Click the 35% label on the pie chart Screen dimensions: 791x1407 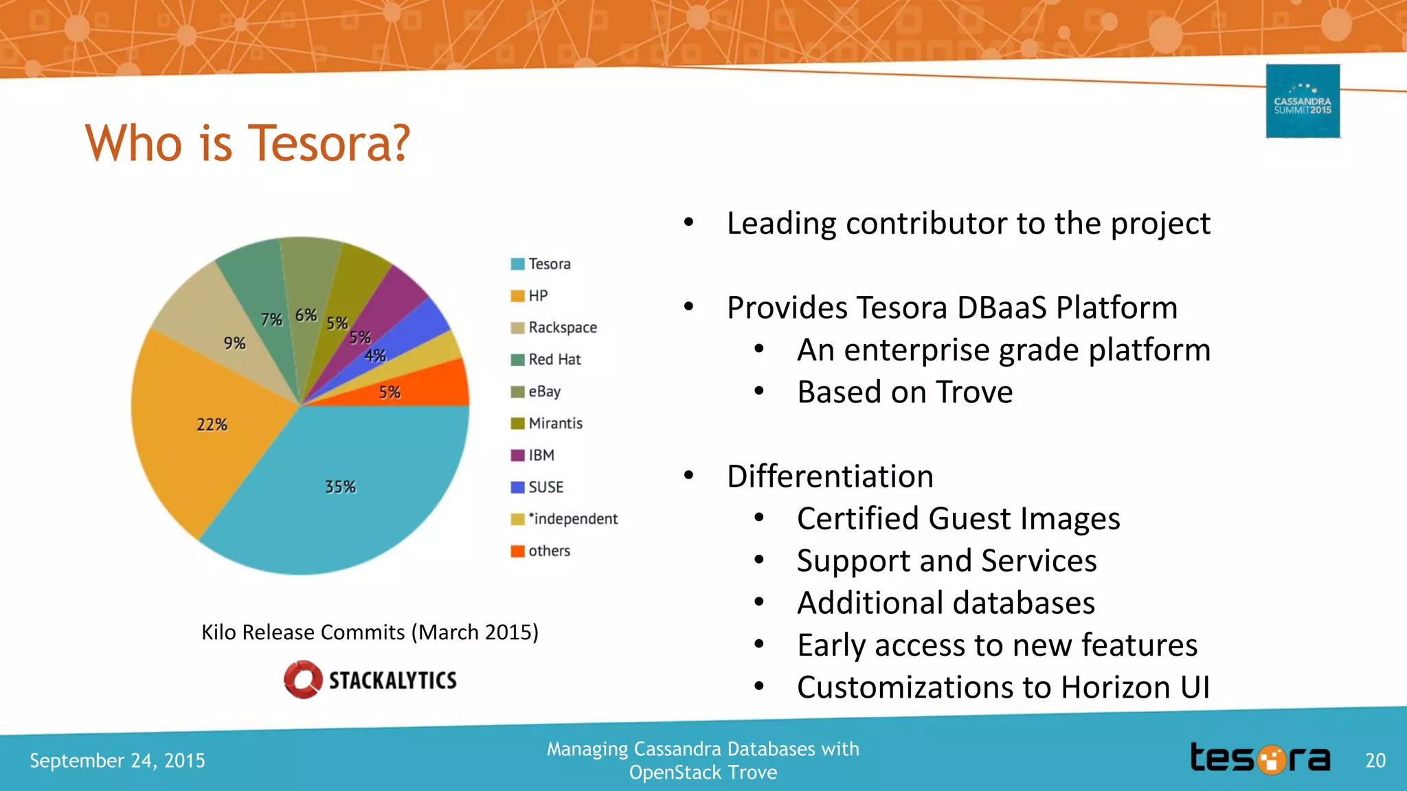pos(340,487)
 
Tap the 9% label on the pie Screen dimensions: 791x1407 pos(234,343)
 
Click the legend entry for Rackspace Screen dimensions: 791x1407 pos(562,328)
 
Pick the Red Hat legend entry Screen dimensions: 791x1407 pos(554,359)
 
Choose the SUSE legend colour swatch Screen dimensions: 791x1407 pos(517,488)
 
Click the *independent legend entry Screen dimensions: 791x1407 pos(572,519)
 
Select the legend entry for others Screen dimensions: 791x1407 pos(548,551)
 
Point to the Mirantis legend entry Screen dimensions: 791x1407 pos(554,423)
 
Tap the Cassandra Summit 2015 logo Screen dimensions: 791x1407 pos(1303,102)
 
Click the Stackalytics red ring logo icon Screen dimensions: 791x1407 pos(303,680)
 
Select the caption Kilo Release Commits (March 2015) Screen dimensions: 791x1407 pos(370,632)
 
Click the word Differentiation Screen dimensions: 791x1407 pos(830,476)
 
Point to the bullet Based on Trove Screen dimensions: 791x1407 pos(904,392)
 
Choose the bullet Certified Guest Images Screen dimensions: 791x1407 pos(958,518)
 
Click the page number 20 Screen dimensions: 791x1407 pos(1375,760)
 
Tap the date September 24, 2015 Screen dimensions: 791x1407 pos(117,760)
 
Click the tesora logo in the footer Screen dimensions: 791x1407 pos(1260,759)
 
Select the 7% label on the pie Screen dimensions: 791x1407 pos(271,320)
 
